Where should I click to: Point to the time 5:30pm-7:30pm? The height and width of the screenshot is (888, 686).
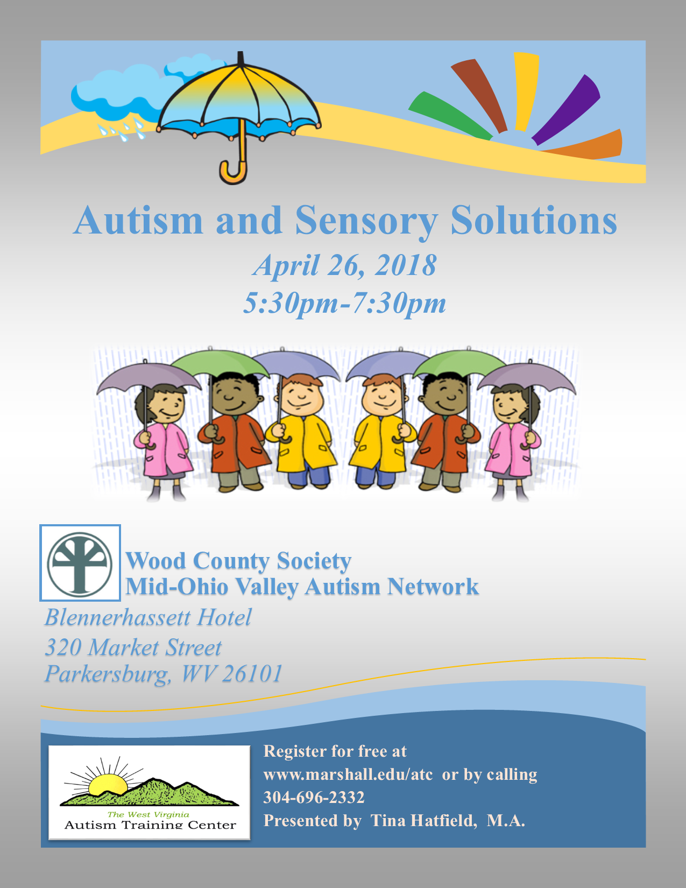coord(344,304)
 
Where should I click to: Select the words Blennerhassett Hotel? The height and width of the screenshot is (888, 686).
coord(148,617)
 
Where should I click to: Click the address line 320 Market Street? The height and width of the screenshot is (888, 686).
coord(133,648)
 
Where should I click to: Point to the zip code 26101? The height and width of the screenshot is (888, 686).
coord(252,674)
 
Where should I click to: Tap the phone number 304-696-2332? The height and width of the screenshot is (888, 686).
coord(314,797)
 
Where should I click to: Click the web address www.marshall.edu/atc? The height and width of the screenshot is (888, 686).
coord(348,774)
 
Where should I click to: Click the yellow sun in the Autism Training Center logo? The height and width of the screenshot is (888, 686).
coord(108,784)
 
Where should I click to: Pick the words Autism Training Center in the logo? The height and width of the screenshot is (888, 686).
coord(150,824)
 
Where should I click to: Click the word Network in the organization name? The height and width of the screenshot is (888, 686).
coord(433,587)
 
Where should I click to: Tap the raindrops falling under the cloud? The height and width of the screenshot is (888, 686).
coord(122,130)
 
